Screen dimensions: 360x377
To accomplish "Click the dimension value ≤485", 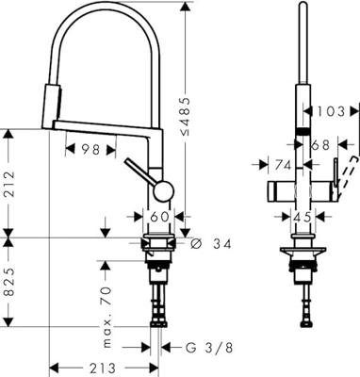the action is coord(186,117).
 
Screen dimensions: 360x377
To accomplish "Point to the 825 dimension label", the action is coord(9,282).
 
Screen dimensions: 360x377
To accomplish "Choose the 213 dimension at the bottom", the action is coord(103,368).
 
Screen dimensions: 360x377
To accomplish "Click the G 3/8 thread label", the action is coord(209,348).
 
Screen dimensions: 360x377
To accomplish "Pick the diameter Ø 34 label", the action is coord(211,243).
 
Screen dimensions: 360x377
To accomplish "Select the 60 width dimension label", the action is coord(159,217).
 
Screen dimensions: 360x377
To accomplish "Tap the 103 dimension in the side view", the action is coord(331,111).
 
